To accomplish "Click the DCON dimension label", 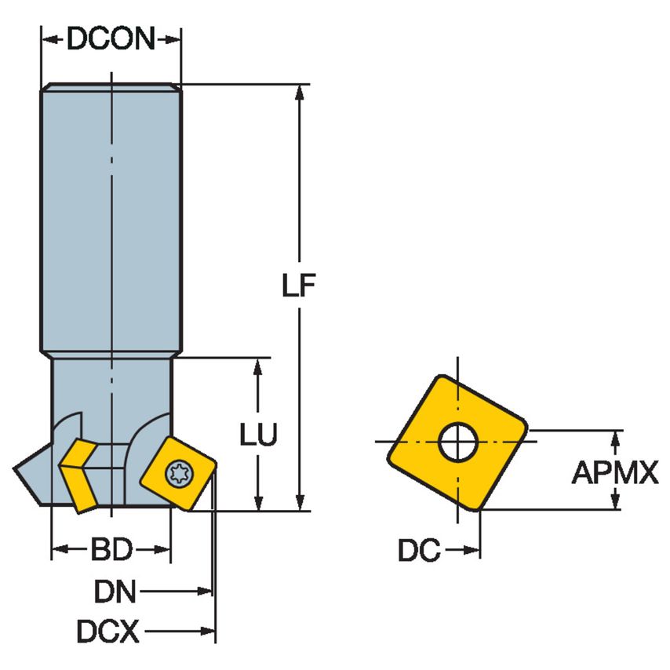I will pos(111,38).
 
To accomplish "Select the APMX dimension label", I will pos(614,472).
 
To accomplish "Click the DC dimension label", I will pos(419,551).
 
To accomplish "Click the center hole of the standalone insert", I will pos(458,443).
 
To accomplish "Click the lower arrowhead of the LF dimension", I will pos(298,502).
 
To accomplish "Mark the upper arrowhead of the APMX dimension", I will pos(614,438).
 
